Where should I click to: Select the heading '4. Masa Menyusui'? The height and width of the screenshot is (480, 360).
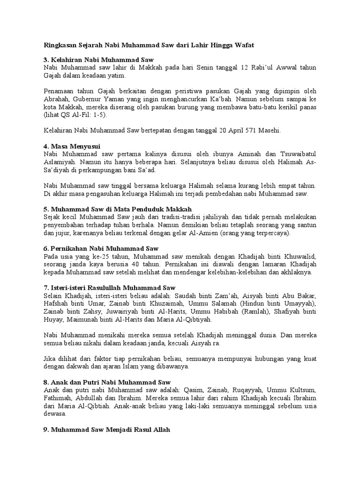[72, 146]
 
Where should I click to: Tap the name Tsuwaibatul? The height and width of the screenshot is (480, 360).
[297, 154]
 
